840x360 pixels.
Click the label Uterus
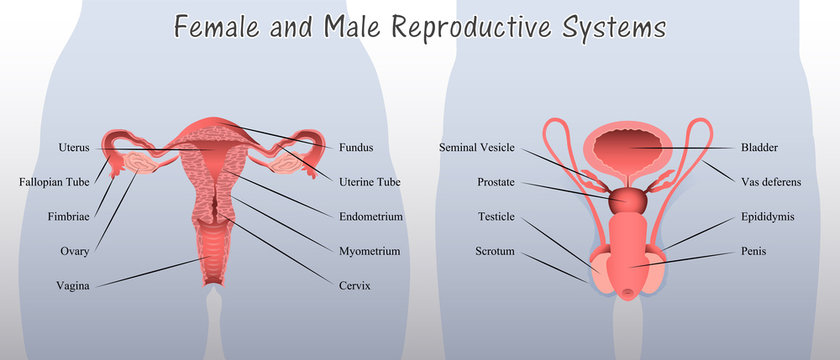point(74,148)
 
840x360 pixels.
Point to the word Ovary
point(75,251)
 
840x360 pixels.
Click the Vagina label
point(73,285)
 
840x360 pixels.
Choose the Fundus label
point(356,148)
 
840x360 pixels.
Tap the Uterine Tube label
point(370,182)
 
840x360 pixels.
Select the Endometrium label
point(371,216)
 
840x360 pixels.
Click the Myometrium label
point(370,251)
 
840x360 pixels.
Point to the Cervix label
point(355,285)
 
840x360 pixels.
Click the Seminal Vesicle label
point(477,148)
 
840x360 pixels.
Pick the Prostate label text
point(496,182)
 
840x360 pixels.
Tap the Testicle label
point(496,216)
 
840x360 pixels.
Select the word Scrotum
point(494,251)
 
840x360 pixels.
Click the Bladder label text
point(759,148)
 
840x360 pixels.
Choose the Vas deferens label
point(771,182)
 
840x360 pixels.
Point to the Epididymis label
point(768,216)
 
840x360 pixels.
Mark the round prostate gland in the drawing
point(628,200)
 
